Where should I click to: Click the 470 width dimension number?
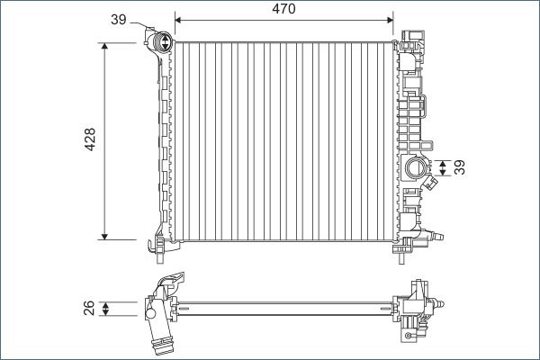[283, 8]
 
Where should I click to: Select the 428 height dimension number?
[90, 140]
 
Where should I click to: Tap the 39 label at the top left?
[119, 19]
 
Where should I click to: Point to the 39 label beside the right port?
[461, 168]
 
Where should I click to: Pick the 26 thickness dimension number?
[90, 310]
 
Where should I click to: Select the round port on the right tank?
[416, 167]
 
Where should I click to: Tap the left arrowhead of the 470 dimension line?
[177, 18]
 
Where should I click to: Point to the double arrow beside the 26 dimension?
[106, 310]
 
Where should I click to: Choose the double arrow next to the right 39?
[443, 167]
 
